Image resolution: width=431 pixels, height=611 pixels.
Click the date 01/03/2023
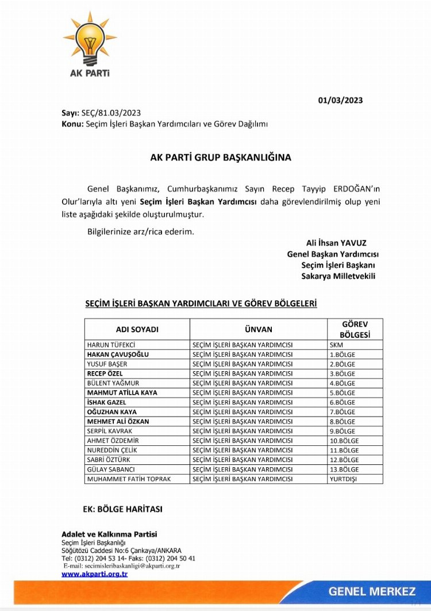340,100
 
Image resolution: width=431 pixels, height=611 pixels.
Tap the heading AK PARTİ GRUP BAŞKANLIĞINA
221,156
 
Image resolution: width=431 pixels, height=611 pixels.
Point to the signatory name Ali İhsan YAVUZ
336,243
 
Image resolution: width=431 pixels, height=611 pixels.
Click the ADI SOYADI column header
137,330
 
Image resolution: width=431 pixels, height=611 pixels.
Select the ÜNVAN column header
258,330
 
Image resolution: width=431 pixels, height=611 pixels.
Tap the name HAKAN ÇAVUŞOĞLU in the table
118,354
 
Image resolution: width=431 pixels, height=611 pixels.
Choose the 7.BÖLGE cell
343,412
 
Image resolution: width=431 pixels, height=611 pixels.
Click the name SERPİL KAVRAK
110,431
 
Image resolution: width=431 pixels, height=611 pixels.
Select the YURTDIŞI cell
343,479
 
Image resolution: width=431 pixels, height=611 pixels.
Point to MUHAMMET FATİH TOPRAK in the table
129,479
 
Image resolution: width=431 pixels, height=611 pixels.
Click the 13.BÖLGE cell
344,469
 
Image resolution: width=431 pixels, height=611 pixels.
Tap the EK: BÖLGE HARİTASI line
123,509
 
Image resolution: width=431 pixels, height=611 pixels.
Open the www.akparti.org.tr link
95,574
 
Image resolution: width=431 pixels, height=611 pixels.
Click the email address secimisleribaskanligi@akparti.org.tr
122,566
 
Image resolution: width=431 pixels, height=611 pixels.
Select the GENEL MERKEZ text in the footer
372,591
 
